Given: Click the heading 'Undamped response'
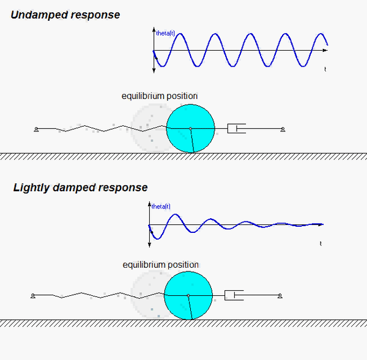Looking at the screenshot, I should (65, 15).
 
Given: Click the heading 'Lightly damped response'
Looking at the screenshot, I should (80, 188).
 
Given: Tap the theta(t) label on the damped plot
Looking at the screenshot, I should (161, 207).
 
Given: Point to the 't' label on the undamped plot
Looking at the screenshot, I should (325, 70).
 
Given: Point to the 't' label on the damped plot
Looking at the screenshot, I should (321, 243).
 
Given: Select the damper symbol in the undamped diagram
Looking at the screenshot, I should (236, 128).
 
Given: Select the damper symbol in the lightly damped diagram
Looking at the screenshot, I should (234, 296).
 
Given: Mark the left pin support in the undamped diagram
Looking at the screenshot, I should (37, 129).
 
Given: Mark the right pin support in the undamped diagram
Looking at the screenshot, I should (283, 129).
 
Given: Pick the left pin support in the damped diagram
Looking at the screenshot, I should (32, 296).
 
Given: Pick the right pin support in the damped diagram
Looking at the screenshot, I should (280, 296).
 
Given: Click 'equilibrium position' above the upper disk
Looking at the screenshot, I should (160, 96).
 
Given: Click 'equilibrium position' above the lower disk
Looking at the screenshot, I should (160, 265).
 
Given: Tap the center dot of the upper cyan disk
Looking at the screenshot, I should (190, 128).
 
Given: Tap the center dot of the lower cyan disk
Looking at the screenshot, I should (188, 296).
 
